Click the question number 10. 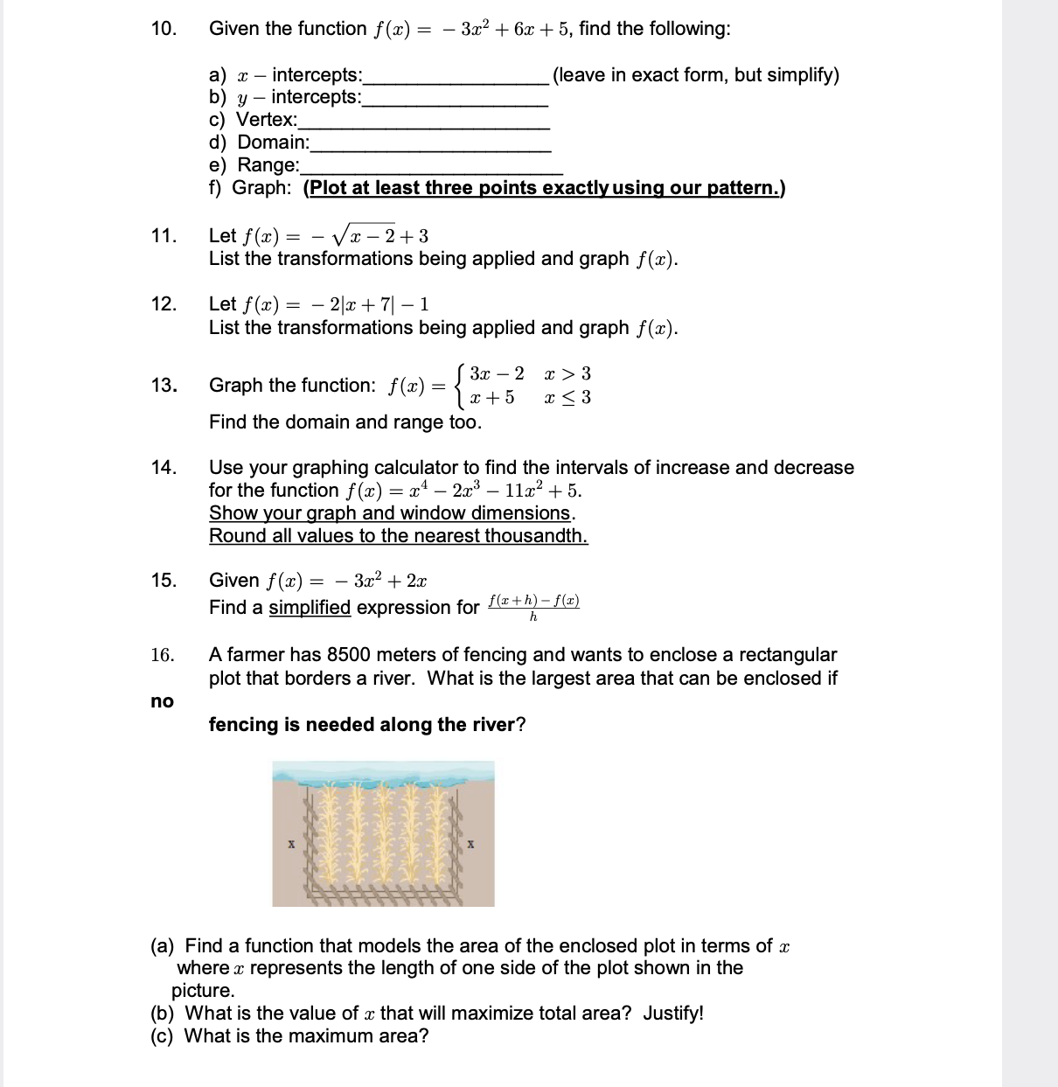point(163,29)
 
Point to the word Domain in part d point(273,143)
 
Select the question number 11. point(163,236)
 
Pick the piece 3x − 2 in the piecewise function point(496,374)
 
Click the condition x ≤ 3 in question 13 point(567,398)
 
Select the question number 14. point(163,468)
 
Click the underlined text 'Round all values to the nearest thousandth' point(398,536)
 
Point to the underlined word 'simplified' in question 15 point(309,608)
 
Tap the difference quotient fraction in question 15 point(533,608)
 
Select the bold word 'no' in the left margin point(162,701)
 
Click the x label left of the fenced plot point(290,845)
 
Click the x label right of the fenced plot point(470,845)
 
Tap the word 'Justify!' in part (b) point(673,1014)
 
